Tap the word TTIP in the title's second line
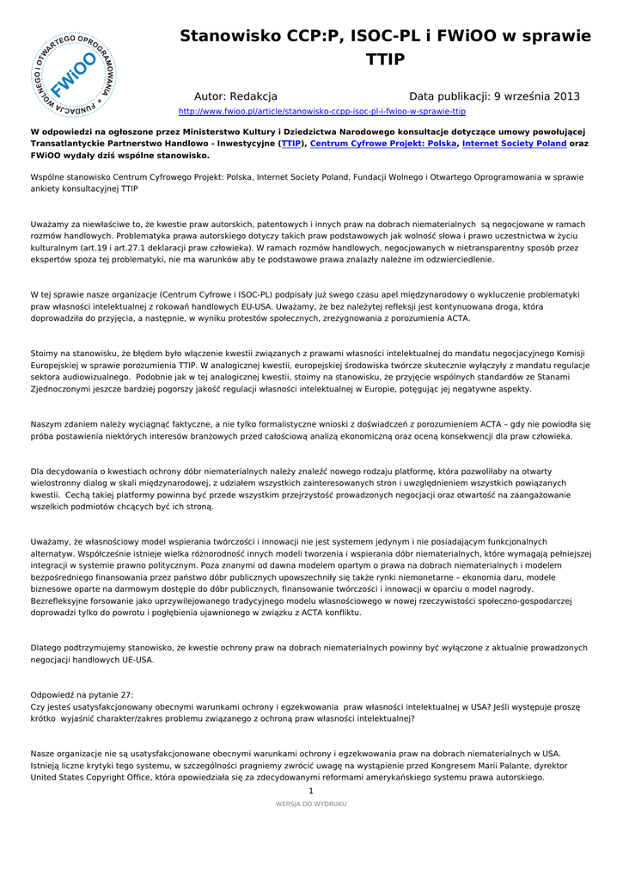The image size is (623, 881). tap(385, 59)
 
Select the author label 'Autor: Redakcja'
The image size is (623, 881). tap(235, 96)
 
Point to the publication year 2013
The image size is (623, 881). tap(563, 96)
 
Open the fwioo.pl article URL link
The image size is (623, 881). tap(321, 112)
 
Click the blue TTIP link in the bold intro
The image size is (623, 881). tap(291, 144)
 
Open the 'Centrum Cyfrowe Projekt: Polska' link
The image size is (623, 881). tap(383, 144)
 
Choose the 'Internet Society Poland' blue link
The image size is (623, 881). tap(514, 144)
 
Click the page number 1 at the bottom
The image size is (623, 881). tap(311, 791)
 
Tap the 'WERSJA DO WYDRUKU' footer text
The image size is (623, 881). tap(311, 804)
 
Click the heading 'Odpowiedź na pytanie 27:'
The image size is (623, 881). tap(82, 694)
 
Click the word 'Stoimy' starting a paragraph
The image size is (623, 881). tap(46, 353)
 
